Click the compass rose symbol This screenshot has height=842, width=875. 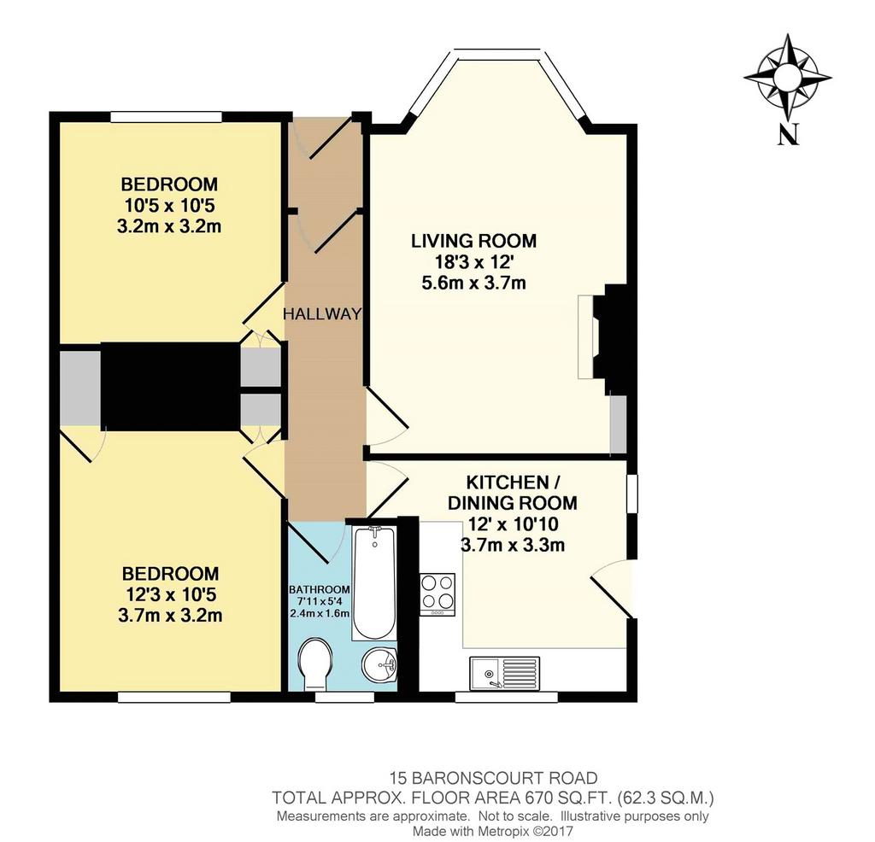click(787, 78)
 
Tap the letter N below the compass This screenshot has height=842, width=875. click(787, 134)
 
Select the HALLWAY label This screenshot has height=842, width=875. click(322, 314)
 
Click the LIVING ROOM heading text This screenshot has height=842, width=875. click(473, 241)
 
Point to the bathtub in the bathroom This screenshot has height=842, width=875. click(374, 582)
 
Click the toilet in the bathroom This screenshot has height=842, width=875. click(315, 664)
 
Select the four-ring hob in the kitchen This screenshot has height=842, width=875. click(437, 594)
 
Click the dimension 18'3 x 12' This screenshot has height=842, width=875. click(473, 262)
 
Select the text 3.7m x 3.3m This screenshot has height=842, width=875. click(513, 545)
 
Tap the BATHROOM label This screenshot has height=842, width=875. click(320, 589)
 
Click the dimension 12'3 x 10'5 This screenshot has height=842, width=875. click(170, 594)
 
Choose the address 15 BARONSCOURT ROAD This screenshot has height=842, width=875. click(493, 778)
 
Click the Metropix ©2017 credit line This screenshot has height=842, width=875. click(527, 832)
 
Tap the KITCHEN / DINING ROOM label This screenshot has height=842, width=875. click(513, 493)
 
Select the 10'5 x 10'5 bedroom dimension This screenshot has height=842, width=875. click(170, 206)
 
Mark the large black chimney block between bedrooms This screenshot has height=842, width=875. click(170, 386)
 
